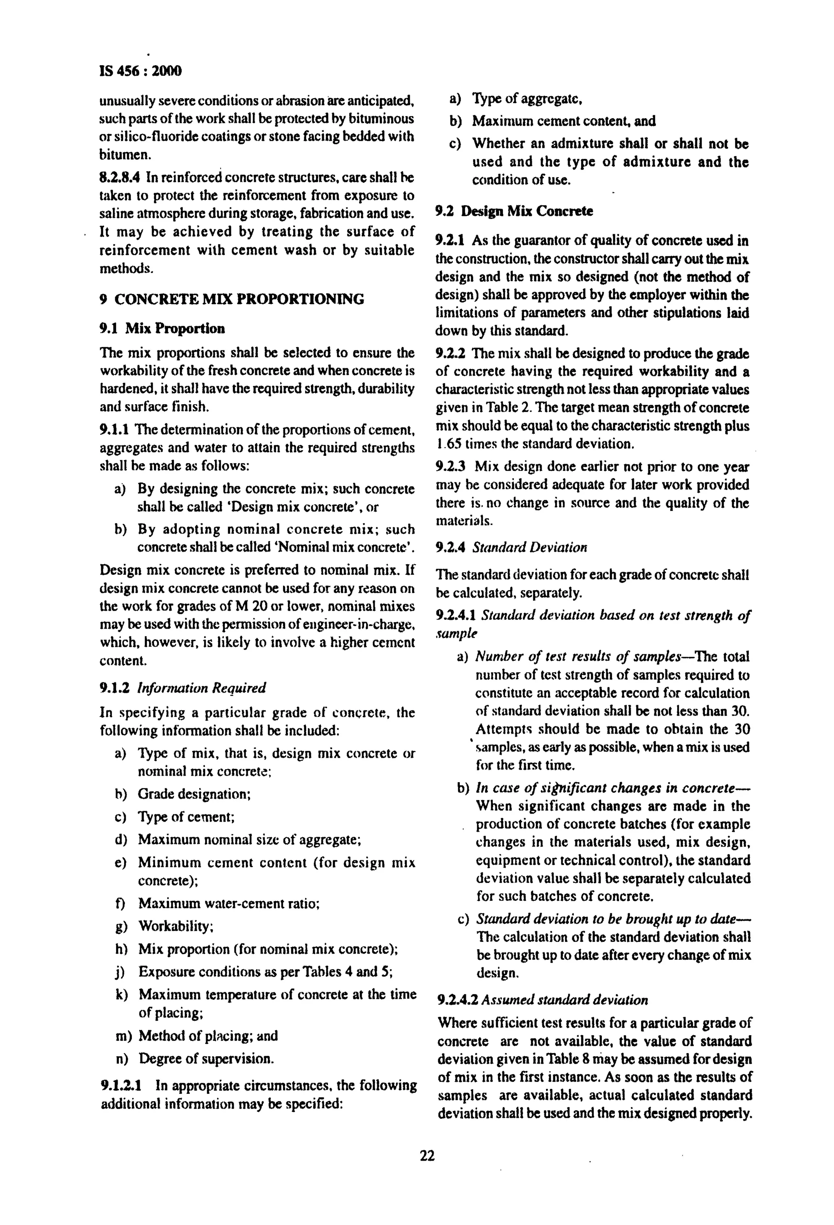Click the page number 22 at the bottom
(x=427, y=1156)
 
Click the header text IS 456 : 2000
(x=140, y=70)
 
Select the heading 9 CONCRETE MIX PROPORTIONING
(x=232, y=299)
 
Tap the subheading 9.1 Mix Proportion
(x=162, y=328)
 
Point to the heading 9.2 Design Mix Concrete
(x=514, y=211)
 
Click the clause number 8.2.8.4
(x=120, y=177)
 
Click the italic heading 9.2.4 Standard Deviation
(x=511, y=547)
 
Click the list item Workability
(x=176, y=926)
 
